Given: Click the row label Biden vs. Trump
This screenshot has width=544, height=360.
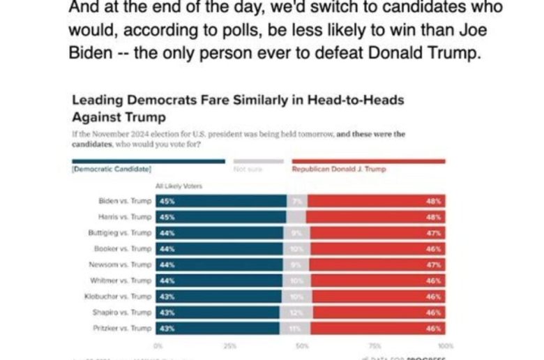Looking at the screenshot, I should (126, 201).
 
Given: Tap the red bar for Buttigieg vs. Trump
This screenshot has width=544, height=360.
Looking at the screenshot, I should (377, 233).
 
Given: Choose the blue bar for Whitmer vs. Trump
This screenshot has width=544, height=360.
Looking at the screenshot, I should (220, 280).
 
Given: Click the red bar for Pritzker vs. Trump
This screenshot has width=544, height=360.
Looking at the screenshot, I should (377, 328).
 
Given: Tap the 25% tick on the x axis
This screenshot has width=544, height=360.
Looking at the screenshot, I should (229, 345).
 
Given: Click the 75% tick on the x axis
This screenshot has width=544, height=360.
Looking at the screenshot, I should (374, 345).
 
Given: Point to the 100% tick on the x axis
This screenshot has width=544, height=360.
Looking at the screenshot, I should (445, 345).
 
